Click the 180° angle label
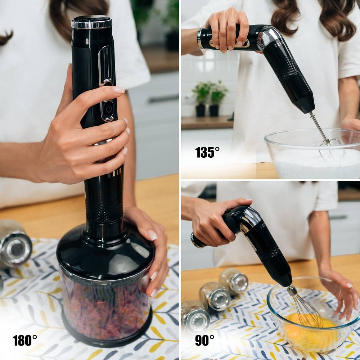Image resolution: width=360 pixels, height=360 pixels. pos(25,340)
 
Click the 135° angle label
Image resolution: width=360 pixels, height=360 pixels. pos(207,152)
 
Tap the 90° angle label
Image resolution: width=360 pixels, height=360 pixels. pos(204,340)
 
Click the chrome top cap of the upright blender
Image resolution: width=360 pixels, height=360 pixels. pos(92,22)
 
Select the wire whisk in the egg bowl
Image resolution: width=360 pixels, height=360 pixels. pos(305,308)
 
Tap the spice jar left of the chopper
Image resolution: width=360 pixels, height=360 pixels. pos(14,244)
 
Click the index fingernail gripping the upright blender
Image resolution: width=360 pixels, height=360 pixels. pos(119,90)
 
